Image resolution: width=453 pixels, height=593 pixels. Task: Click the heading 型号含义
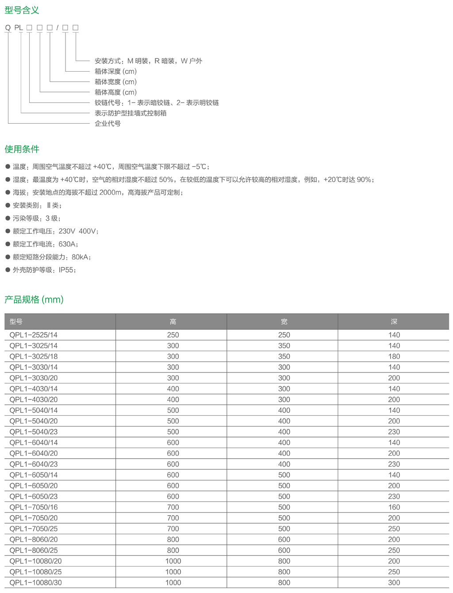(22, 10)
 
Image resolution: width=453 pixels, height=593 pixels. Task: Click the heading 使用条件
(22, 149)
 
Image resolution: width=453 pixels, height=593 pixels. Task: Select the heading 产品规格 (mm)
(34, 300)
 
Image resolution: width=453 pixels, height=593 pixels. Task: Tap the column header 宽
(284, 322)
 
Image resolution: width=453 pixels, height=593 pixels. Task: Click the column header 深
(394, 322)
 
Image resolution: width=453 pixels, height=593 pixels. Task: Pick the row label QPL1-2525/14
(34, 335)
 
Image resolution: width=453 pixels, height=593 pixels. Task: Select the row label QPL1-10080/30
(35, 582)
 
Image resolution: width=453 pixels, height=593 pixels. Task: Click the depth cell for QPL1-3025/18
(394, 357)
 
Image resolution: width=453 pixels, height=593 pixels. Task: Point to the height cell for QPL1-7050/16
(173, 507)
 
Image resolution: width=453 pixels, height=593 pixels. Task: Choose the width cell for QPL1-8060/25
(284, 550)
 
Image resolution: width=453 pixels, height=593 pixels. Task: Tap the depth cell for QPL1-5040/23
(394, 432)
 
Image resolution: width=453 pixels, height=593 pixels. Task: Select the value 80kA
(80, 257)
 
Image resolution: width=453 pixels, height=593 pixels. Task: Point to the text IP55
(66, 270)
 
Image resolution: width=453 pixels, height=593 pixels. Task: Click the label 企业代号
(107, 124)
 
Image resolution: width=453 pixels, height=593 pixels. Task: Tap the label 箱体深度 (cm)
(115, 72)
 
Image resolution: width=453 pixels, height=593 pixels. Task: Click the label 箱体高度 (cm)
(115, 92)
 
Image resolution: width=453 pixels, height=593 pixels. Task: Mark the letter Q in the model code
(8, 28)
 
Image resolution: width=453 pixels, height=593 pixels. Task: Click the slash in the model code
(58, 28)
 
